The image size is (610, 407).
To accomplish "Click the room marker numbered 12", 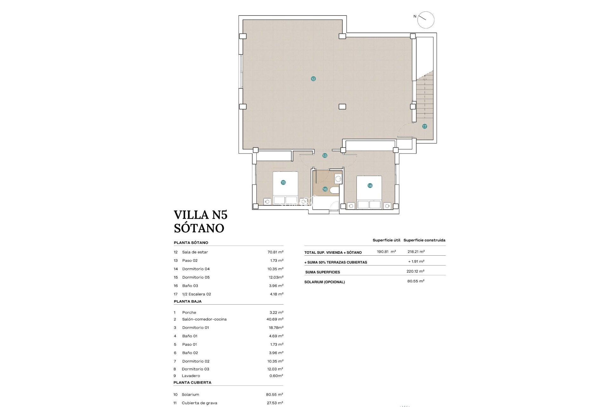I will click(313, 79).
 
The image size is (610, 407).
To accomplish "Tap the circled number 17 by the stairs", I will click(424, 126).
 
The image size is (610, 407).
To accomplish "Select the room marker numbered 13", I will click(324, 155).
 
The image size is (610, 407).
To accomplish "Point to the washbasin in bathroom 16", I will click(338, 179).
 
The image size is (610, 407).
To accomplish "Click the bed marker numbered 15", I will click(283, 183).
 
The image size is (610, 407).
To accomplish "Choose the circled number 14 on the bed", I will click(370, 185).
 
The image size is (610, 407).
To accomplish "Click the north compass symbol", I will click(425, 20).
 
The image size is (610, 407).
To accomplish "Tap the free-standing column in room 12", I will click(342, 107).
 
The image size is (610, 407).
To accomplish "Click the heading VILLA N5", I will click(200, 215).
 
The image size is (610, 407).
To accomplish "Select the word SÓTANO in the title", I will click(199, 228).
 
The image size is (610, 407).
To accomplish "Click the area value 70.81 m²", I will click(275, 252).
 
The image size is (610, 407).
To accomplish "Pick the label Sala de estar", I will click(195, 252).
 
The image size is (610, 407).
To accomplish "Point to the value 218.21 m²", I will click(416, 252).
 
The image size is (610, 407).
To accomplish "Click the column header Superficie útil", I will click(386, 240).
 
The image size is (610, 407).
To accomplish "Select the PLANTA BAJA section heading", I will click(187, 301).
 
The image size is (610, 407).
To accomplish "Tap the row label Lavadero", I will click(191, 376).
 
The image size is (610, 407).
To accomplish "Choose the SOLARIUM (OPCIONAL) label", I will click(324, 282).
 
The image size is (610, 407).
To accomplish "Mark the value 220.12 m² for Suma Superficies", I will click(416, 271).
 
